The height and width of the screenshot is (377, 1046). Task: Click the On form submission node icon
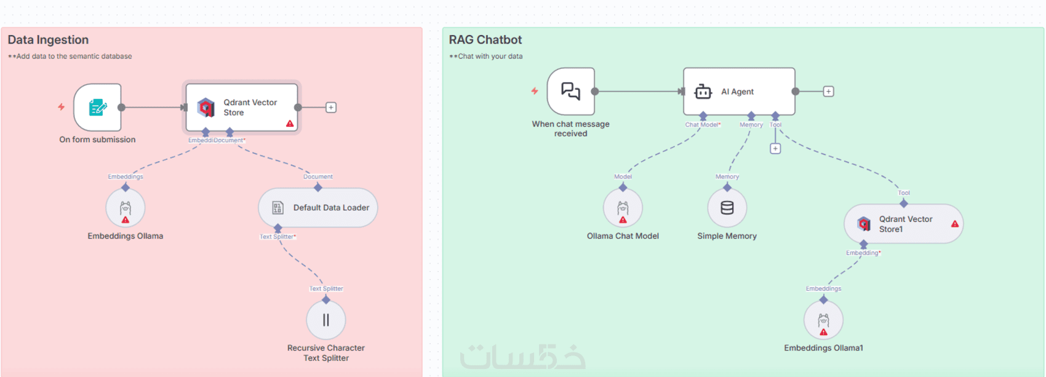click(97, 108)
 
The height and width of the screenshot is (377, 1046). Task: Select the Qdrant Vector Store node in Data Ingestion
click(242, 107)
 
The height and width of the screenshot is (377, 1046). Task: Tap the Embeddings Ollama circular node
click(126, 208)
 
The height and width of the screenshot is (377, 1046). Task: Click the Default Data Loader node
click(318, 208)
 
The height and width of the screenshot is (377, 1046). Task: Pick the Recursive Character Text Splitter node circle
click(326, 320)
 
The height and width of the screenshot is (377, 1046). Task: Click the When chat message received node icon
click(571, 92)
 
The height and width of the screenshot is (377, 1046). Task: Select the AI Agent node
click(739, 92)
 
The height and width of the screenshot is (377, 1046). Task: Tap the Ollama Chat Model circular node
click(623, 208)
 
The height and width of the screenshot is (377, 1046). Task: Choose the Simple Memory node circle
click(727, 208)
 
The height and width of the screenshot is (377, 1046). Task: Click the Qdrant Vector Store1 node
click(903, 224)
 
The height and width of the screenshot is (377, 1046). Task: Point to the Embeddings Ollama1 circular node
click(823, 320)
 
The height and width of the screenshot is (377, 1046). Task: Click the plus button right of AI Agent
click(829, 92)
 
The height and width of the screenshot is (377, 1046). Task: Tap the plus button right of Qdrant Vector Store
click(331, 108)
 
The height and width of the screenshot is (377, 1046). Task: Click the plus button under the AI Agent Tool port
click(775, 149)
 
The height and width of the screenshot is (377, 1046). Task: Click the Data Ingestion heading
click(48, 40)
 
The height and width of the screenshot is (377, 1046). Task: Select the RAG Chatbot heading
click(485, 40)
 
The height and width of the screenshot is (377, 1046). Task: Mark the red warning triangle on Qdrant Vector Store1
click(955, 224)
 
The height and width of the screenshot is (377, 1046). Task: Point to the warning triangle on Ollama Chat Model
click(623, 220)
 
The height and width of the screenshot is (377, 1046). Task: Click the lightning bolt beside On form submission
click(62, 107)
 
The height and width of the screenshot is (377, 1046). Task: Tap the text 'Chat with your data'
click(490, 57)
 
